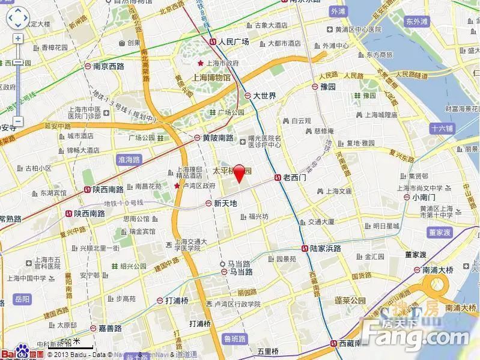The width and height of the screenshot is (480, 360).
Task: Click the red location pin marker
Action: click(x=239, y=172)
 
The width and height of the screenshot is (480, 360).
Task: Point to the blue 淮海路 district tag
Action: click(x=126, y=160)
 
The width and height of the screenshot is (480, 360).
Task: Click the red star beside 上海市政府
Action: click(x=201, y=63)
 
